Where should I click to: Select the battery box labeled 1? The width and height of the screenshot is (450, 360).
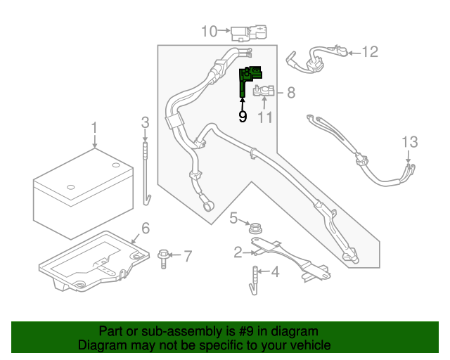[83, 193]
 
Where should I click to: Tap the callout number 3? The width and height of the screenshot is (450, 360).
[145, 122]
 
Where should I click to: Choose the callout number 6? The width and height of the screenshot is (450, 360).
[145, 227]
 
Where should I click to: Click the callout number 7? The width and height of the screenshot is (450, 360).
[188, 255]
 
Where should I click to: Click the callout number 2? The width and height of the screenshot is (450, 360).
[238, 252]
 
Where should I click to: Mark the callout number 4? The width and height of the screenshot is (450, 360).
[275, 271]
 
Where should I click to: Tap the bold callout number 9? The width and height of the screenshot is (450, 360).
[243, 117]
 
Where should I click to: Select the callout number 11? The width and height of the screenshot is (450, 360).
[264, 117]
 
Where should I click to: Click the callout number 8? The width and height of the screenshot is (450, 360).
[290, 92]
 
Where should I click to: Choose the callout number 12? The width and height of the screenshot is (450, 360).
[370, 51]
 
